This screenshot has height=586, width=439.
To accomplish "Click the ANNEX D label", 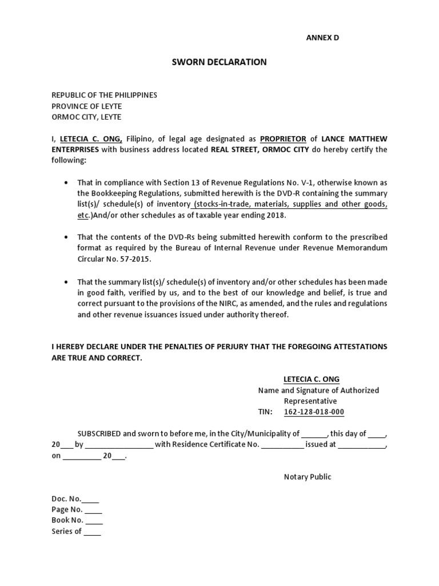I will (324, 37).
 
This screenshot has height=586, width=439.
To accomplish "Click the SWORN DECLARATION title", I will (219, 62).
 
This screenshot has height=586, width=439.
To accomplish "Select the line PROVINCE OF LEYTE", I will (86, 106).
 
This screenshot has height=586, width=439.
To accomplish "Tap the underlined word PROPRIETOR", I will (283, 138).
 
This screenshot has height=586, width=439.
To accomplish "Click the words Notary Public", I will (308, 477).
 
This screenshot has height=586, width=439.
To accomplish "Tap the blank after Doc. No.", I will (91, 498).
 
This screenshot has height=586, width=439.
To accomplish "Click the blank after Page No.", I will (94, 509).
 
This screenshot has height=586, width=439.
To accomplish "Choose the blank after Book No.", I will (94, 520).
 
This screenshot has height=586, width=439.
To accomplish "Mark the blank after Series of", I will (92, 531).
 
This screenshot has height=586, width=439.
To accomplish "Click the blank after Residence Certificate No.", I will (283, 444).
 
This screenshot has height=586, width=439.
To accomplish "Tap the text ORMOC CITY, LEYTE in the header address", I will (86, 117).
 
